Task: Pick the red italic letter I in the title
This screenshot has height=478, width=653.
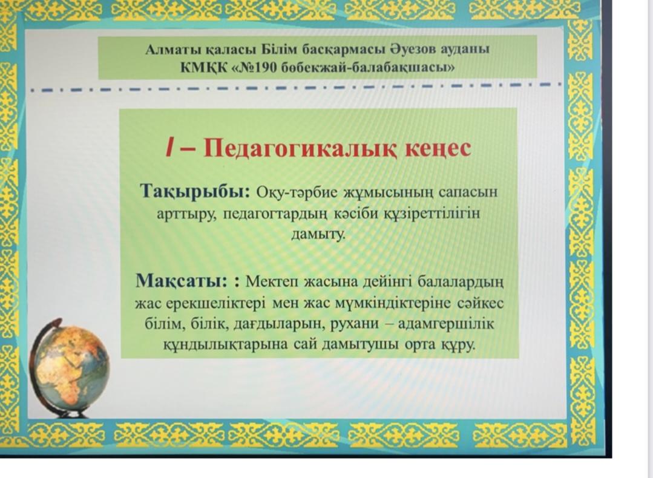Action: pyautogui.click(x=169, y=148)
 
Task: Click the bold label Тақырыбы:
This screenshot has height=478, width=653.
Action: pyautogui.click(x=195, y=192)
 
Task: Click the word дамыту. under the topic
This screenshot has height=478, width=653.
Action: pyautogui.click(x=318, y=234)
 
